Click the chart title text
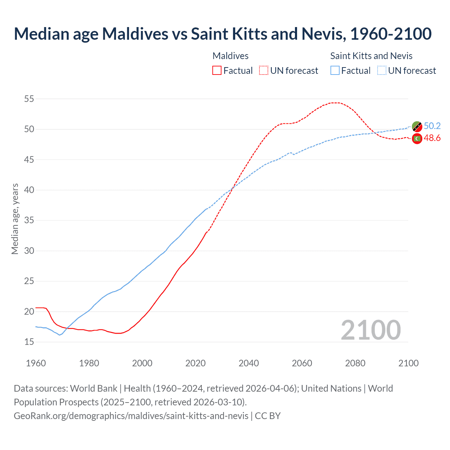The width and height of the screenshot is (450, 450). [x=223, y=34]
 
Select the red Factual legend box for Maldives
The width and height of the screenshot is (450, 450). [x=217, y=71]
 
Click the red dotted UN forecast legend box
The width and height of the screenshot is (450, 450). [x=264, y=71]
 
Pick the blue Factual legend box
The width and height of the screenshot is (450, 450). [x=335, y=71]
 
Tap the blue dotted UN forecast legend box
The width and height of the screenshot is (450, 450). [x=382, y=71]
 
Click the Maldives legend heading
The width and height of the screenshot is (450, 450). [x=230, y=56]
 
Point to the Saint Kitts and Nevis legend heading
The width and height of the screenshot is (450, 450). [x=371, y=56]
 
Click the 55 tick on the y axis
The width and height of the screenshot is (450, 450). [x=29, y=99]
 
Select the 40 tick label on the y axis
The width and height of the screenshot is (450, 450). [x=29, y=190]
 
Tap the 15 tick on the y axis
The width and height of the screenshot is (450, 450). [x=29, y=342]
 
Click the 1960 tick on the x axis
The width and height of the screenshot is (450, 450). [x=36, y=363]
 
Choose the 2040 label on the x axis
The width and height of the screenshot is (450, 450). [x=249, y=363]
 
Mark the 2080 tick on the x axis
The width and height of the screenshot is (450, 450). [x=355, y=363]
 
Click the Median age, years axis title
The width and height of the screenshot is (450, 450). [x=15, y=219]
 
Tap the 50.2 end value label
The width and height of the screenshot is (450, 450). [x=432, y=126]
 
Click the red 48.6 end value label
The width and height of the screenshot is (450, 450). [x=432, y=138]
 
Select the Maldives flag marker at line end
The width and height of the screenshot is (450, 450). [x=417, y=139]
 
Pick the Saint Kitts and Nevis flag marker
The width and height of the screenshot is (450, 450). [x=417, y=126]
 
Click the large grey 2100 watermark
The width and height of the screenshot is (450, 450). [x=371, y=330]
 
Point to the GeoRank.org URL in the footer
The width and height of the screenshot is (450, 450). [x=131, y=416]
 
